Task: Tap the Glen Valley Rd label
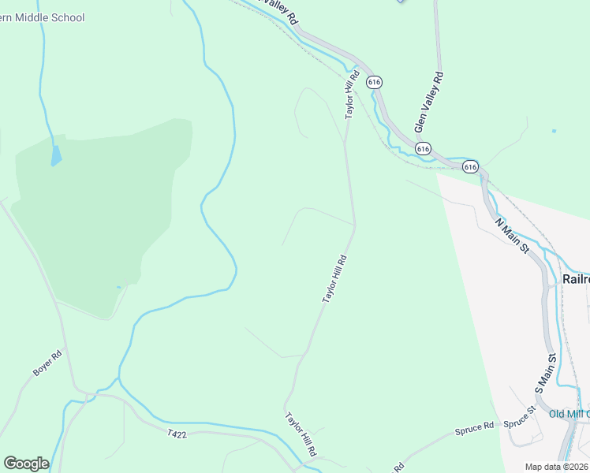point(429,102)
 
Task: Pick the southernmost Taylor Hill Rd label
point(301,434)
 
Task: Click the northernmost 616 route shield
point(375,82)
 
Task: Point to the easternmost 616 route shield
point(470,166)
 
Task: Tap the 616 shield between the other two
point(423,148)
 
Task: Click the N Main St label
point(512,236)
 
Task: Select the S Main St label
point(546,373)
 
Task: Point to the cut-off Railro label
point(575,279)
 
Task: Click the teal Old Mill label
point(569,414)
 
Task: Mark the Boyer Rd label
point(47,364)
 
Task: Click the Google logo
point(26,464)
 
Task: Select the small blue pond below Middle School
point(55,155)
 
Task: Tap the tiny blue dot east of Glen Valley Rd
point(554,131)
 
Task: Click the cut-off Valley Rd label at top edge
point(278,9)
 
